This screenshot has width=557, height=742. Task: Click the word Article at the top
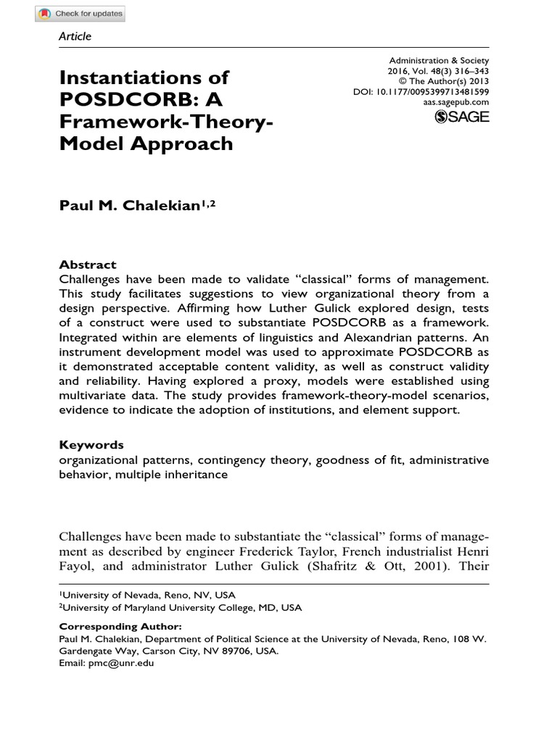75,36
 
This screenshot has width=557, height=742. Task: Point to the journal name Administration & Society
440,61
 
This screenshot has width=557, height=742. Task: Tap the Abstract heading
87,265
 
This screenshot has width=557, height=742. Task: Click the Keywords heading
91,445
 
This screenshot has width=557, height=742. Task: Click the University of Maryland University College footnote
181,607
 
